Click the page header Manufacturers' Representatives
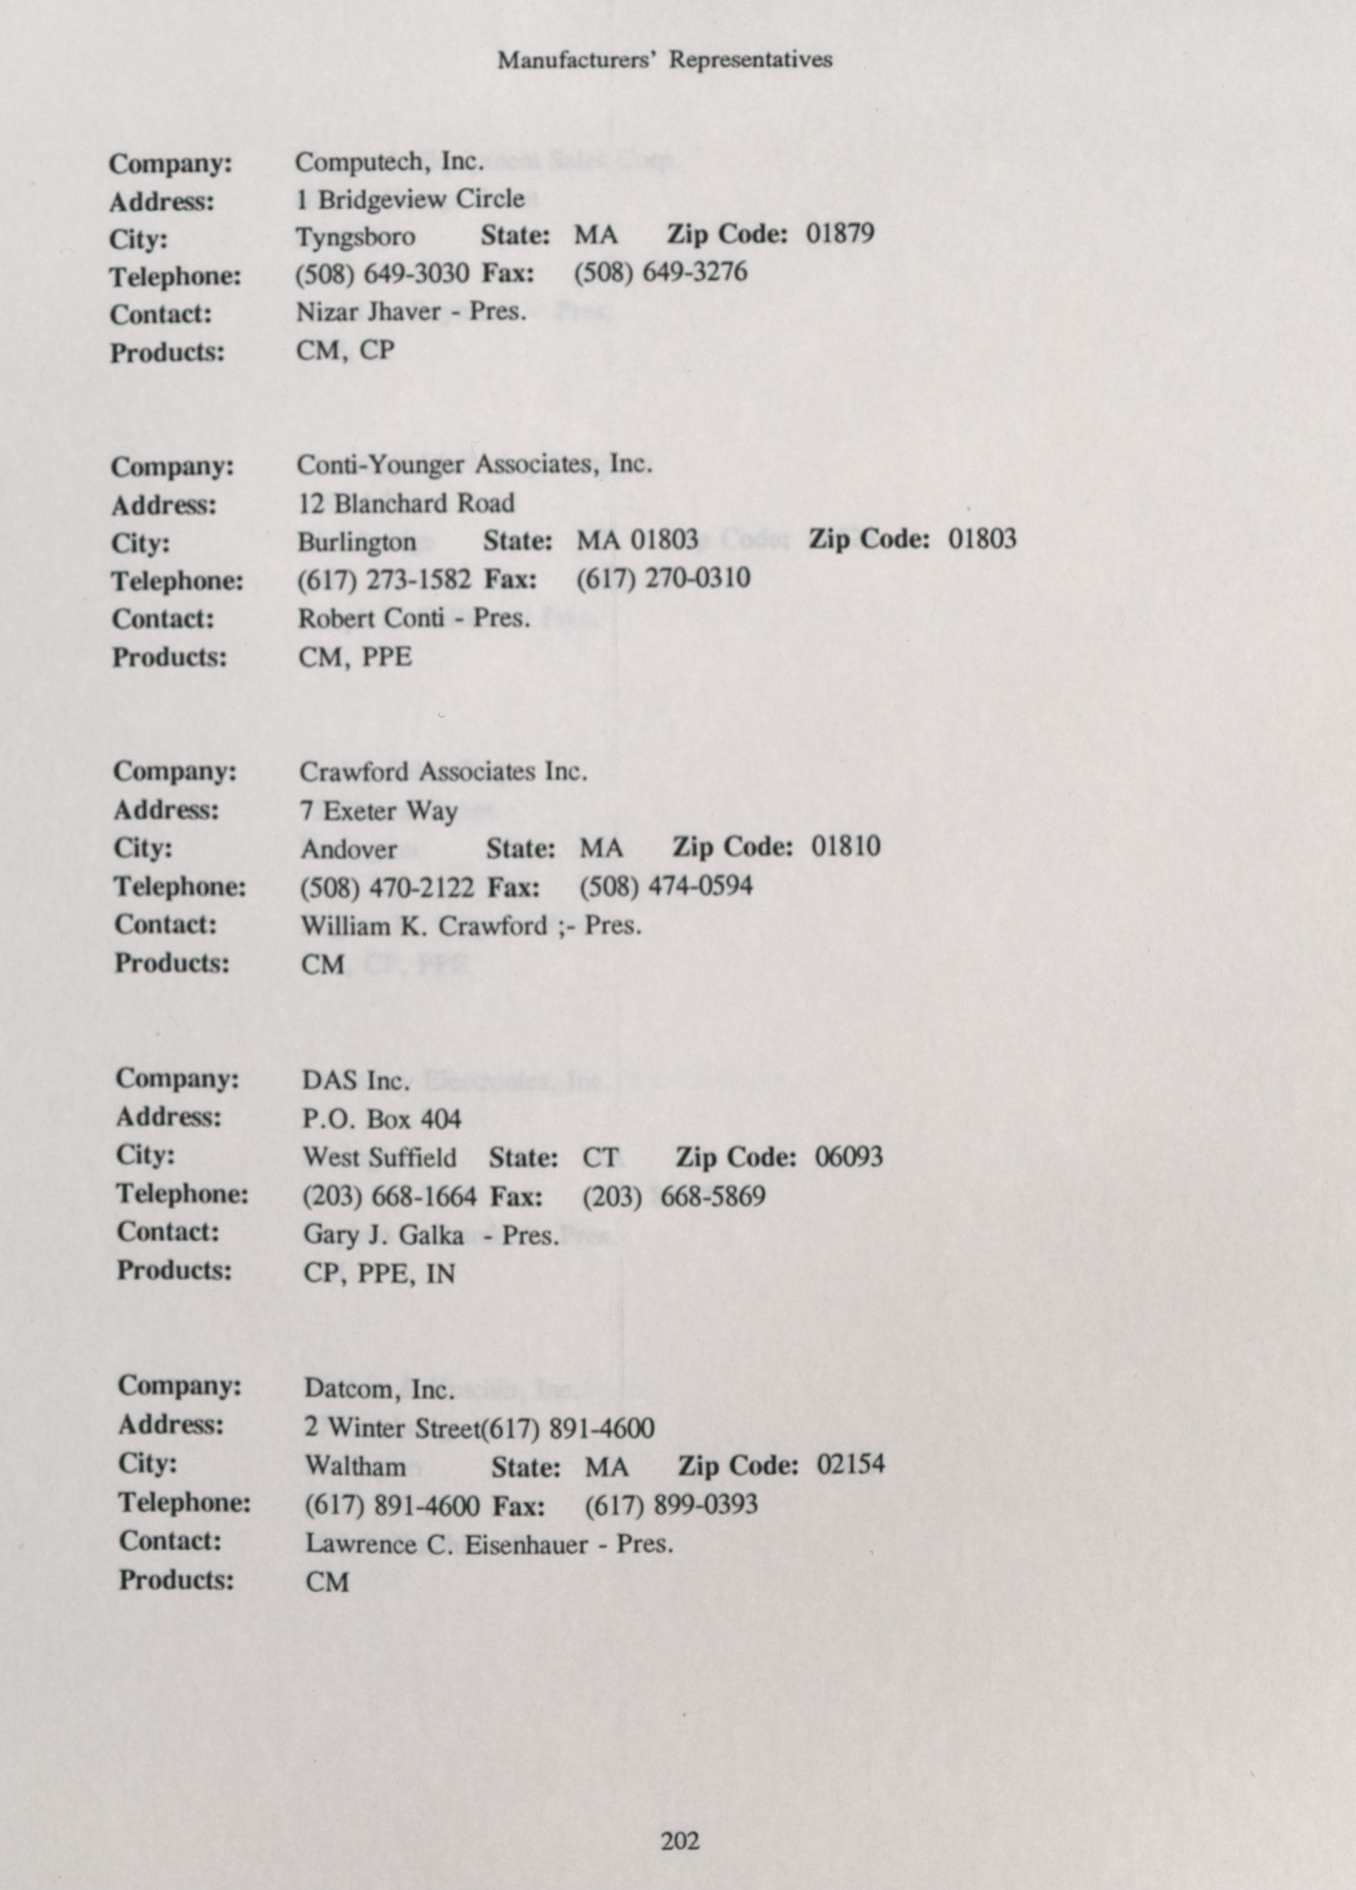(x=664, y=60)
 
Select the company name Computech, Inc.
(x=389, y=162)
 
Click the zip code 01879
(x=840, y=234)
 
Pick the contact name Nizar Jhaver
(x=368, y=312)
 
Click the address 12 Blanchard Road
(x=406, y=503)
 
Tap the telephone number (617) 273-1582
(x=384, y=579)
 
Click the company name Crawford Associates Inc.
(x=443, y=772)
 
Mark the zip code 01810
(x=846, y=847)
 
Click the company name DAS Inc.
(x=356, y=1081)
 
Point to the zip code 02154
(x=850, y=1464)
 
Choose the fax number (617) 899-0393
(x=671, y=1504)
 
